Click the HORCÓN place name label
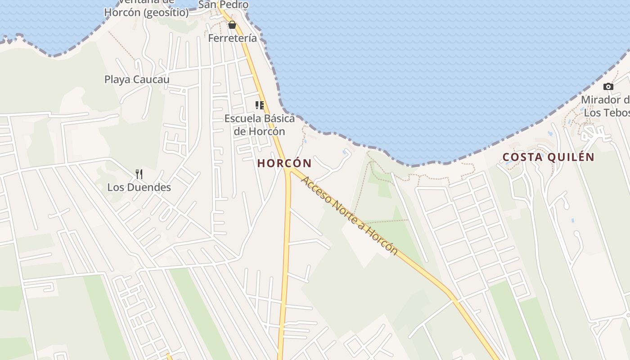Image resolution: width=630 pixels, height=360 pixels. (x=284, y=163)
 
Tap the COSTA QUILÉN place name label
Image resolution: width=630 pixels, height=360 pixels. (x=548, y=157)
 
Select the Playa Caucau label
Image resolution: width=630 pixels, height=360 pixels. (x=137, y=80)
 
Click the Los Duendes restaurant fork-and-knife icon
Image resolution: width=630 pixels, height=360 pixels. (x=139, y=174)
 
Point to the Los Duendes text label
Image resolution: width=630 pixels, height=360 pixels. (x=139, y=187)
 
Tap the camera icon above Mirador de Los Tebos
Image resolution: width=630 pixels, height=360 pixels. (x=608, y=86)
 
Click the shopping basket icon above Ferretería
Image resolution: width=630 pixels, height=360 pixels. (x=232, y=25)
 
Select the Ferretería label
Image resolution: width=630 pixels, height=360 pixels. (x=232, y=38)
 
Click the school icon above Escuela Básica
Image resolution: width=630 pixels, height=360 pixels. (x=260, y=105)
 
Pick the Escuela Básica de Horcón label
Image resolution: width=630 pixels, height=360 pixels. (x=260, y=125)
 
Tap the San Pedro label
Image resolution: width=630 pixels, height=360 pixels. (x=223, y=5)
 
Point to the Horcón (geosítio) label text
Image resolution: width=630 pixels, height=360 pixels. (x=146, y=13)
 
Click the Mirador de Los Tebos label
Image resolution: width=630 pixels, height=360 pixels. (x=605, y=106)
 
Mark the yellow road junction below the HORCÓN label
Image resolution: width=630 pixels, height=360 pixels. (x=288, y=171)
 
